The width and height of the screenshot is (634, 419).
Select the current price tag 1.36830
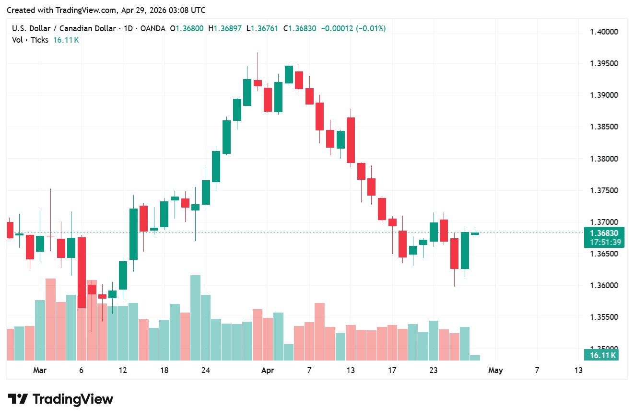pos(604,233)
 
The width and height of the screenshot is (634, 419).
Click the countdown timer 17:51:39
pos(604,242)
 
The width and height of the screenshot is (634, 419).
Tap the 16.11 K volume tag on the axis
pos(603,355)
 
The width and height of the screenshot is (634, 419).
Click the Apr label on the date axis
pos(268,370)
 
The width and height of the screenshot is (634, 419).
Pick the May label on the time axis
pos(495,370)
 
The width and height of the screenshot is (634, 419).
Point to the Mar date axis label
pos(40,370)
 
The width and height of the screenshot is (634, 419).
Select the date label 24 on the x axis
pos(206,370)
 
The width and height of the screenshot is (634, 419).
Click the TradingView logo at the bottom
pos(60,399)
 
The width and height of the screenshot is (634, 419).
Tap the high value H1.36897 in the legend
pos(225,29)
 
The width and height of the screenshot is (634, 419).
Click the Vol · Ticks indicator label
pos(30,40)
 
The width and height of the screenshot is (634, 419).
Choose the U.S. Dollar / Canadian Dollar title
pos(64,29)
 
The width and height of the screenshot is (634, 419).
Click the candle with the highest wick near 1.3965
pos(258,83)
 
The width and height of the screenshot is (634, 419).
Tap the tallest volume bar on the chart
pos(195,317)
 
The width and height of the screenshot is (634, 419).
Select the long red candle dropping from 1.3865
pos(351,140)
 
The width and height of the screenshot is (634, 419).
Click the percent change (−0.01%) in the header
pos(370,29)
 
